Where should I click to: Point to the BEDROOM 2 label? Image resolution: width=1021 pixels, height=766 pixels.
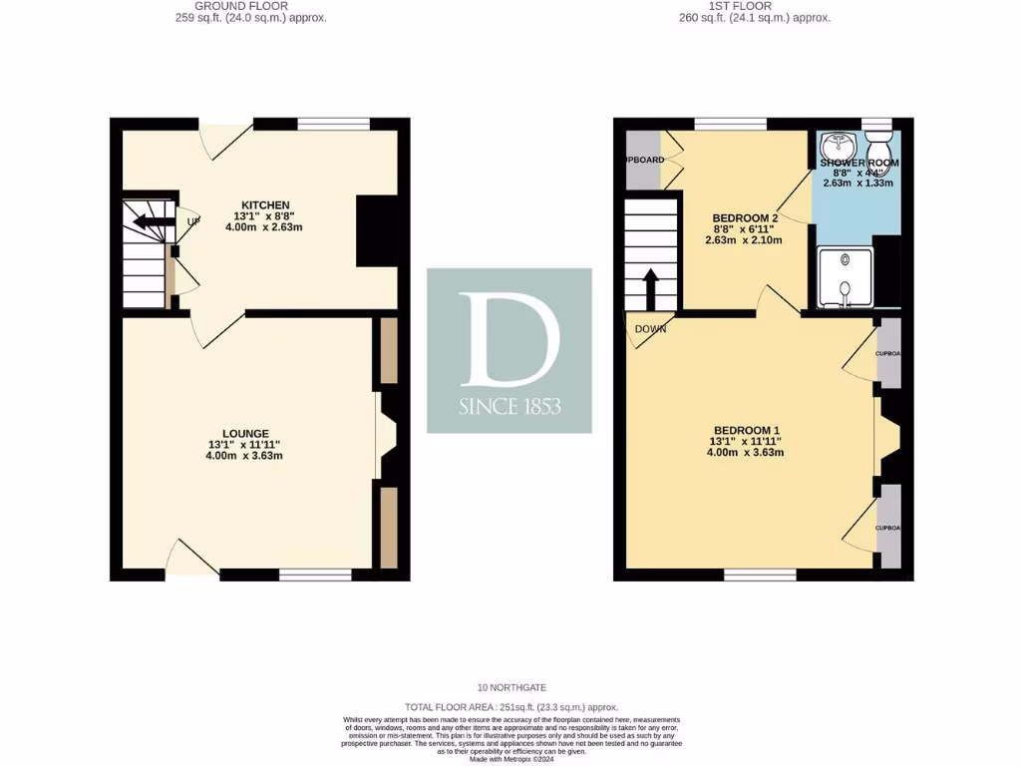click(x=746, y=217)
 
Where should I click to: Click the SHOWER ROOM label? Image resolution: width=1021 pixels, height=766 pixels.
click(x=859, y=163)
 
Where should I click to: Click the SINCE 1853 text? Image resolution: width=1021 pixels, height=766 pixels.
click(x=510, y=407)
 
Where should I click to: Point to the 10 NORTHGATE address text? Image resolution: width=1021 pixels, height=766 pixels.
click(x=511, y=688)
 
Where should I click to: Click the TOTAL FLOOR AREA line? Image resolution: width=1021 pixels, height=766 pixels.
click(x=511, y=706)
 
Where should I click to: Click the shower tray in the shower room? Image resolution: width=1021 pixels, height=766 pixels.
click(x=844, y=276)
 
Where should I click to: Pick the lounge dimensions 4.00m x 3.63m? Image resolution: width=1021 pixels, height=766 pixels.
click(x=244, y=457)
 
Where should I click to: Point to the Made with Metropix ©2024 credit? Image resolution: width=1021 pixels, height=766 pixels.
click(x=511, y=759)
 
